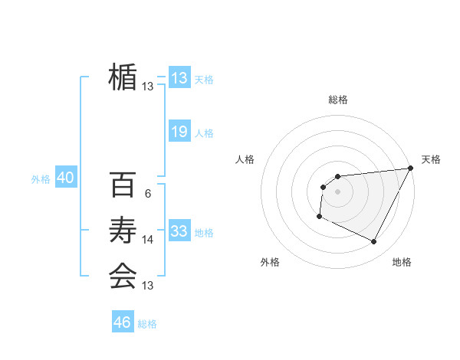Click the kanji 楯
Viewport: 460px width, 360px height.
(123, 77)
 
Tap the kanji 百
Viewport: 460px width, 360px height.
(123, 185)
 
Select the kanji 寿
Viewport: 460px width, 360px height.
(123, 230)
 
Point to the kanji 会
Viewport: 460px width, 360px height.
(123, 275)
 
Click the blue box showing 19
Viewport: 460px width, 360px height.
(179, 132)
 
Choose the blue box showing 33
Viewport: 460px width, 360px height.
(179, 231)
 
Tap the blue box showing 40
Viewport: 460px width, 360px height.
(65, 178)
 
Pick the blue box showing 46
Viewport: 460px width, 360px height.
(123, 322)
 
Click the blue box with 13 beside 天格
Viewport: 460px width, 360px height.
(179, 78)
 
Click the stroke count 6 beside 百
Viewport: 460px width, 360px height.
(147, 194)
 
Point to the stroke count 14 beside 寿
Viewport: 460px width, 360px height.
(148, 240)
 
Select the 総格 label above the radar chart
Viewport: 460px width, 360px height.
(338, 100)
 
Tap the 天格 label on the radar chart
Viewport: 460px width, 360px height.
(431, 159)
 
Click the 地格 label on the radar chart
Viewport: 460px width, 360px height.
(402, 262)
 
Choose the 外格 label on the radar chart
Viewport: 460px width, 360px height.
(270, 262)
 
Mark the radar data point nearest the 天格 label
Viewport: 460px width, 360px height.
(412, 168)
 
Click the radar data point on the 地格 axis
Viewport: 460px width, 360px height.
(374, 242)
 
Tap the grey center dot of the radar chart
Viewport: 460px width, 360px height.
(337, 191)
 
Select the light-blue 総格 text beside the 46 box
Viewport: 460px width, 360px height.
(147, 324)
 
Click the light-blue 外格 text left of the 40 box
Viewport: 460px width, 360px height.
(41, 179)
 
